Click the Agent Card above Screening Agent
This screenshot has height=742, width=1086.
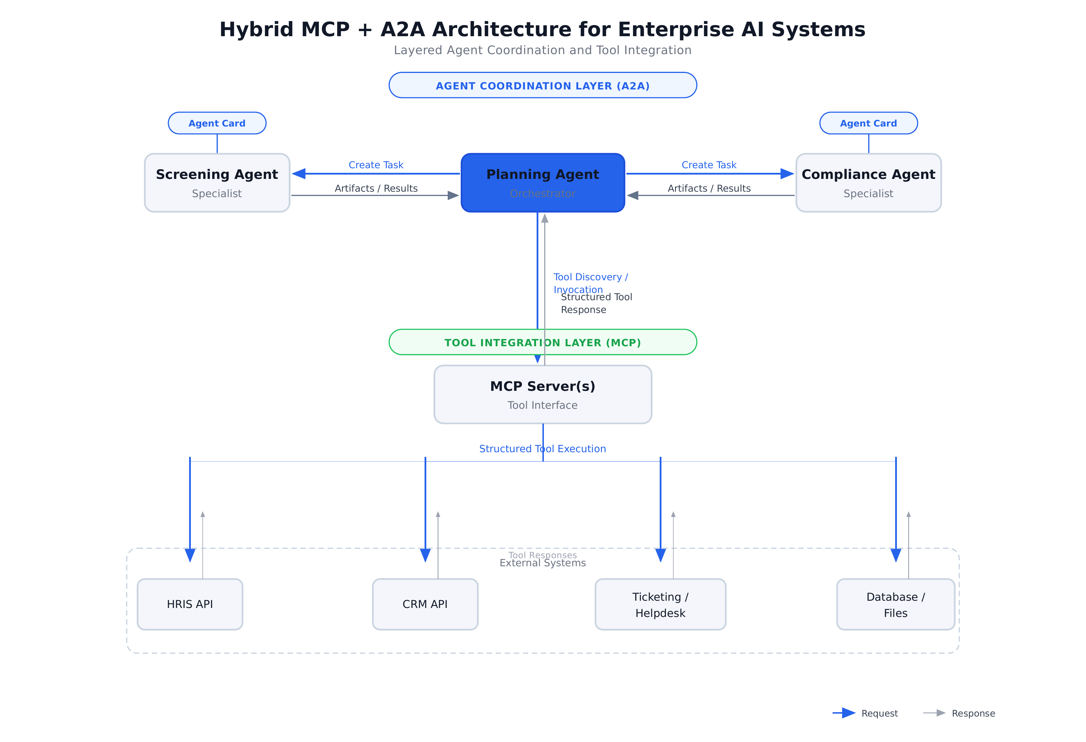[x=217, y=123]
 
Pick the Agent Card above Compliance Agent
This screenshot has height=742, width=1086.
[x=868, y=123]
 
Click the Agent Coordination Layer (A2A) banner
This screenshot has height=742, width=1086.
[x=542, y=85]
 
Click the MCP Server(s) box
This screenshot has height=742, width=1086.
[x=542, y=394]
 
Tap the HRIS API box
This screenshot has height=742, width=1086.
[x=190, y=604]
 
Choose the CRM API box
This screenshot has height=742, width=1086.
[x=425, y=604]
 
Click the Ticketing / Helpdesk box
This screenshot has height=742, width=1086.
[x=660, y=604]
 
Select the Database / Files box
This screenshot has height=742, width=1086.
[x=895, y=604]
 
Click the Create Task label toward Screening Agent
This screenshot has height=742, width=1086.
[x=376, y=165]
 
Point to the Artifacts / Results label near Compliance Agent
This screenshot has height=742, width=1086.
[x=709, y=188]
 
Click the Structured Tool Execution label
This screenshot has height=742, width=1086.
[x=542, y=448]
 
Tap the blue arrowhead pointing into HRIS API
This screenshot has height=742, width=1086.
[x=190, y=555]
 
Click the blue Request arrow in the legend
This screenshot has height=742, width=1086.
[x=844, y=713]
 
